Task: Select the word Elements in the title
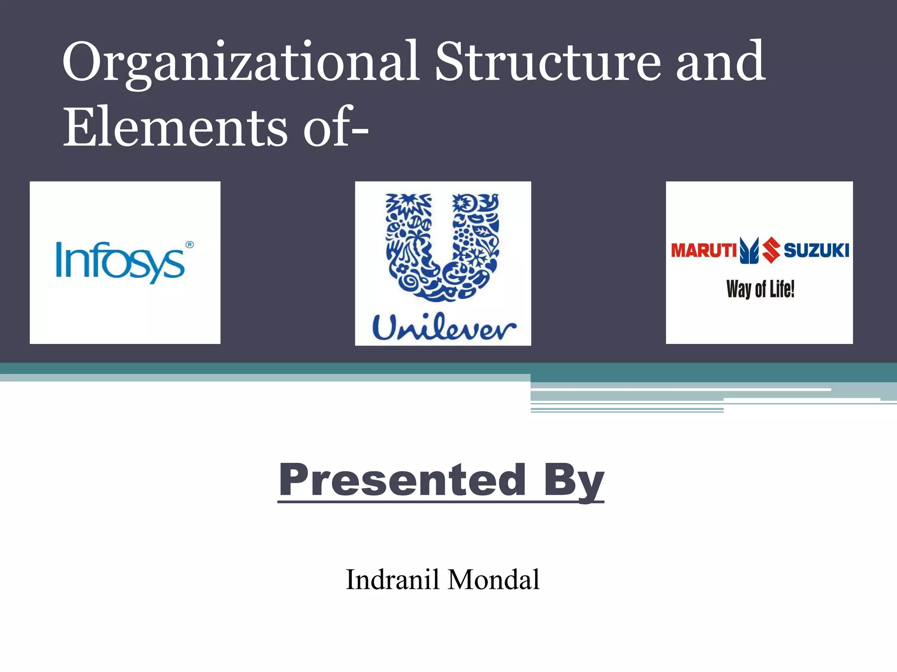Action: [x=175, y=128]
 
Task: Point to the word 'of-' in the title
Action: [x=335, y=128]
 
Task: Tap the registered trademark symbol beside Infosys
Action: [x=190, y=245]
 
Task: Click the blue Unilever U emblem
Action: [x=442, y=247]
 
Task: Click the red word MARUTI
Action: [x=704, y=251]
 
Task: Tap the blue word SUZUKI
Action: [x=816, y=251]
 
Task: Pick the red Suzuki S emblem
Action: [x=771, y=250]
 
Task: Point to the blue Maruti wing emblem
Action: [x=749, y=250]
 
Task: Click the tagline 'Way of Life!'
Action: [x=760, y=289]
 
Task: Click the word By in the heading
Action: [x=574, y=481]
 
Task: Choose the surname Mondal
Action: [x=494, y=580]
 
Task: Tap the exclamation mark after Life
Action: [x=792, y=289]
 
